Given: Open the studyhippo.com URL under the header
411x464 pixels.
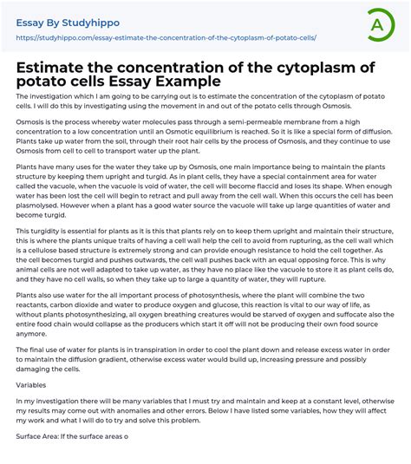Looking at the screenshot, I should click(166, 38).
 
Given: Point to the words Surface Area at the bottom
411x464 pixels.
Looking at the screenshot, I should click(40, 436).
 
